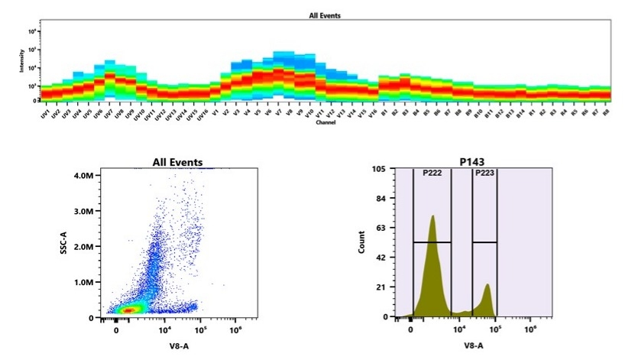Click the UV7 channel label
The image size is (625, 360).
[109, 112]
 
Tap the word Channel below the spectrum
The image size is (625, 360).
[325, 122]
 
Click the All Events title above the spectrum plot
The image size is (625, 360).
[325, 15]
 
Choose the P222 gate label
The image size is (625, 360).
[433, 174]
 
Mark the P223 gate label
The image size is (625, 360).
[484, 174]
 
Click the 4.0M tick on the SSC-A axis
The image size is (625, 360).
[84, 175]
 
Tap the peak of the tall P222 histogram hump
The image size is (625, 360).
[432, 216]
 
